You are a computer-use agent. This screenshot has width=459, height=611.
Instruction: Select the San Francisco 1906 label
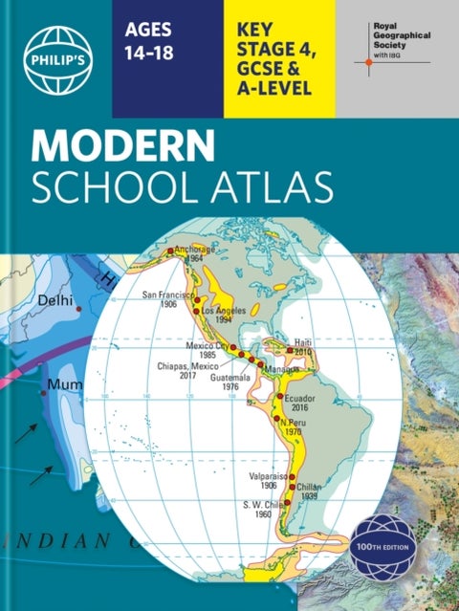tap(168, 298)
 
